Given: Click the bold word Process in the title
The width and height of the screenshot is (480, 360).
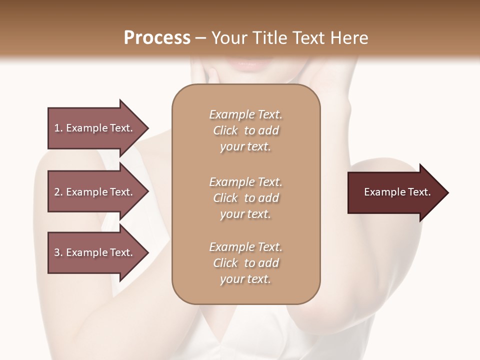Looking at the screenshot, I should pos(157,38).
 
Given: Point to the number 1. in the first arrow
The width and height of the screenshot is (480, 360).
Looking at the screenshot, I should pos(58,128).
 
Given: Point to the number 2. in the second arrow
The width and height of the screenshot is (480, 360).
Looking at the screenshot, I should pos(58,192).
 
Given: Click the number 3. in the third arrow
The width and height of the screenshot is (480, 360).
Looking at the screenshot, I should pos(58,252).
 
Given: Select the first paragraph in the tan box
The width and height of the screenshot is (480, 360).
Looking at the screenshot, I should pos(245,130).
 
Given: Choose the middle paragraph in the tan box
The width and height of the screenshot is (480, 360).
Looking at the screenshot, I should pos(245,198).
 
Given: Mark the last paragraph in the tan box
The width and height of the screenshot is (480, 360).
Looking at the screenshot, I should pos(245,263).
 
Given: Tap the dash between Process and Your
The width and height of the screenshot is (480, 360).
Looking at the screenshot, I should pos(200,38).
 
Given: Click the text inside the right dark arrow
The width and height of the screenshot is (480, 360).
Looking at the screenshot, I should pos(397,192).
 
